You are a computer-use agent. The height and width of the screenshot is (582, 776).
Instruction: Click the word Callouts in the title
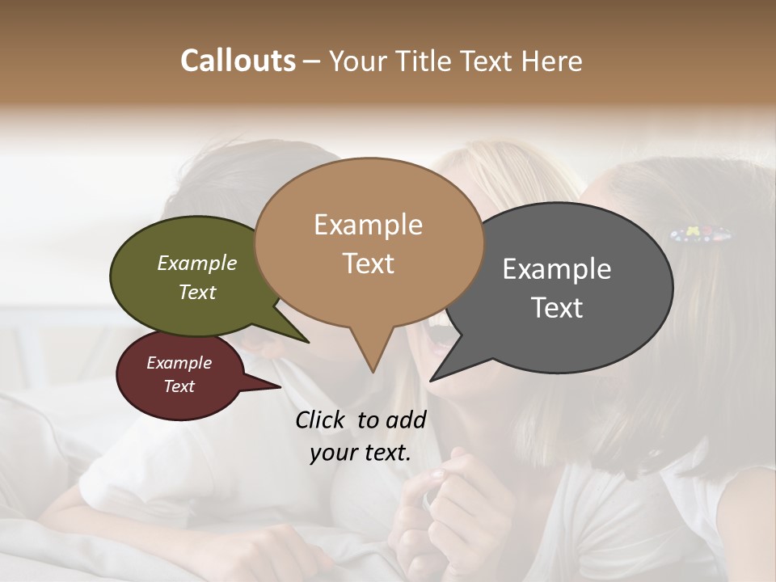[238, 61]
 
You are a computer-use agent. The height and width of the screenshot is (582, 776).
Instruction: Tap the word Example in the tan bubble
[368, 225]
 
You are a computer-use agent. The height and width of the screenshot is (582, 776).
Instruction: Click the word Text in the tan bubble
[368, 263]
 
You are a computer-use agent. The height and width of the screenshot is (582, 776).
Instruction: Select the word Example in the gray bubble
[556, 269]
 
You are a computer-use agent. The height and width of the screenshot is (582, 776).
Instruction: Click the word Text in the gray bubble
[557, 307]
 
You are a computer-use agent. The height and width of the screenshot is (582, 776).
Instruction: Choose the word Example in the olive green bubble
[197, 264]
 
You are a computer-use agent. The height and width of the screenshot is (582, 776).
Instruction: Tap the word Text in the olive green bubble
[197, 292]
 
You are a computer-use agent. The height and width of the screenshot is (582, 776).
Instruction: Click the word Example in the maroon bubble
[179, 363]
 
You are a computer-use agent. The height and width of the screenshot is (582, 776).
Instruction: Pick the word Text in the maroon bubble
[179, 386]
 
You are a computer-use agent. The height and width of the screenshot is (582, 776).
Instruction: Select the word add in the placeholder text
[406, 420]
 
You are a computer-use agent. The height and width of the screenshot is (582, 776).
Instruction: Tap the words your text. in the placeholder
[361, 453]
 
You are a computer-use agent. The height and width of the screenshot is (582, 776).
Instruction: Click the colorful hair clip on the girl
[701, 235]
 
